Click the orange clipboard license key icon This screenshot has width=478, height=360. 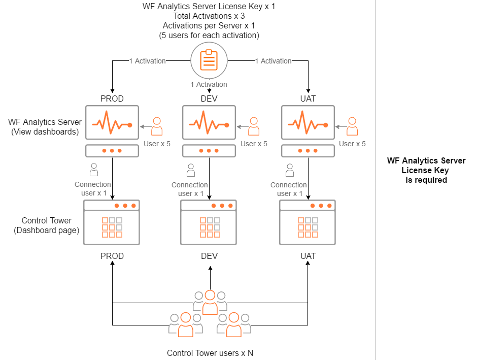(x=209, y=60)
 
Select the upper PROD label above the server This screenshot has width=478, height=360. (x=112, y=99)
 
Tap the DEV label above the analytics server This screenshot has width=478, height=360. (x=209, y=99)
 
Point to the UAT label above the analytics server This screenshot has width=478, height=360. (x=308, y=99)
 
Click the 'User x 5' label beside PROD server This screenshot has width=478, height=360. (x=157, y=144)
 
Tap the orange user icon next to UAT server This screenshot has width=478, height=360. (x=352, y=126)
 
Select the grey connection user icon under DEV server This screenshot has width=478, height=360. (x=191, y=170)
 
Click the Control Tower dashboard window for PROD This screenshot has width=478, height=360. (x=112, y=222)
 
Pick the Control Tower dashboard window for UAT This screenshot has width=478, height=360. (x=308, y=222)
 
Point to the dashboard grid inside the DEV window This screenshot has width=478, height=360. (x=210, y=227)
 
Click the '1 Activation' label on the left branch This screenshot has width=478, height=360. (x=148, y=61)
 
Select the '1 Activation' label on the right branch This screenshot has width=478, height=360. (x=274, y=61)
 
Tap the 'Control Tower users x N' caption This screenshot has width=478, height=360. (x=210, y=353)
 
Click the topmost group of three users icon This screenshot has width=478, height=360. (x=210, y=302)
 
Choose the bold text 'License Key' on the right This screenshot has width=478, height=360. (x=425, y=170)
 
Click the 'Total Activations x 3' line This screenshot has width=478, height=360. (x=209, y=16)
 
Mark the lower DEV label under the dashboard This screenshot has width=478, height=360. (x=210, y=256)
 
